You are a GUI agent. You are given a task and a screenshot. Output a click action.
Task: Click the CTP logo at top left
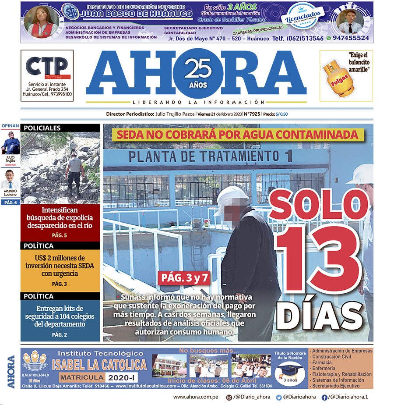pos(47,68)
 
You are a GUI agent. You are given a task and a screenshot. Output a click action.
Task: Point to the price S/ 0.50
pos(281,114)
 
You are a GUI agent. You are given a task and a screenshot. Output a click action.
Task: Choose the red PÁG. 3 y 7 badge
pos(183,277)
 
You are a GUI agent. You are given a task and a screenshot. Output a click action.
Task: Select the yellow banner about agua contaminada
pos(238,134)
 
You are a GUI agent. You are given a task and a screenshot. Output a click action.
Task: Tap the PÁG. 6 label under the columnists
pos(10,202)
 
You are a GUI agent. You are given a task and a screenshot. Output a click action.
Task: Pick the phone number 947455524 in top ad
pos(351,39)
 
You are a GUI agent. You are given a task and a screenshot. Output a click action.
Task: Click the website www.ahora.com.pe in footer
pos(196,397)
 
